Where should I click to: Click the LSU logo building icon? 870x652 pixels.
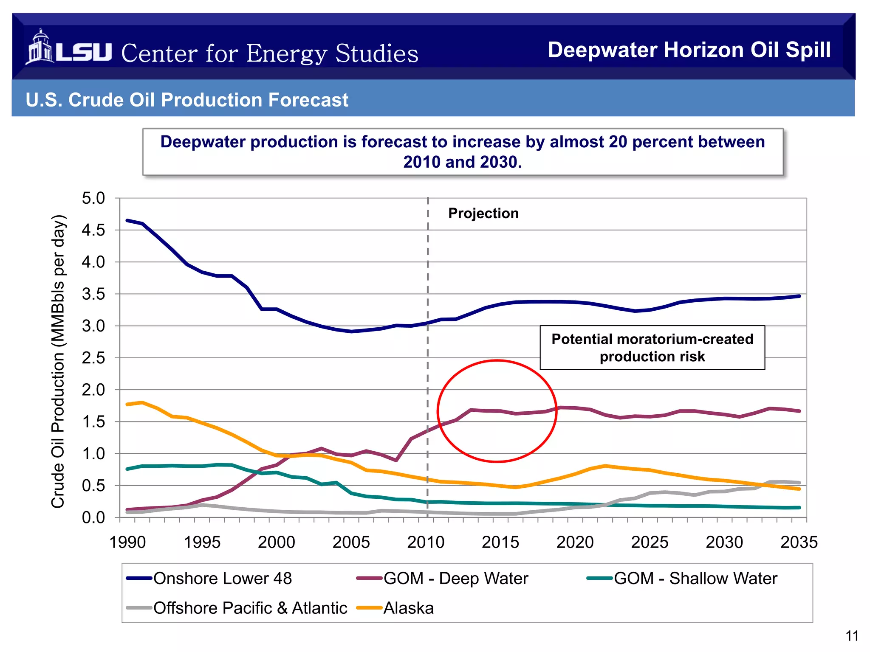(40, 47)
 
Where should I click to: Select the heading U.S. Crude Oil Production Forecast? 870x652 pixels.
(187, 100)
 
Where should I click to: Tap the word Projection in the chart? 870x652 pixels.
(483, 213)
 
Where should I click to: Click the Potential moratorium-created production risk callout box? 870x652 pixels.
(652, 348)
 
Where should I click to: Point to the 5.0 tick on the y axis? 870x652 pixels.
(93, 198)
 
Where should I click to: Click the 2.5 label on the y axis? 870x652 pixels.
(93, 358)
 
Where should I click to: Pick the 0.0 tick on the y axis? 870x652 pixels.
(93, 517)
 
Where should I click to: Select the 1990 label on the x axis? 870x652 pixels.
(127, 542)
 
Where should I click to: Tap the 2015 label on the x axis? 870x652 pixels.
(500, 542)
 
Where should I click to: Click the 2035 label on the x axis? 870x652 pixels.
(799, 542)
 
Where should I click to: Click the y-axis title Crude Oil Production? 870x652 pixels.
(58, 361)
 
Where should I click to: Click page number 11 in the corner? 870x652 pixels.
(852, 636)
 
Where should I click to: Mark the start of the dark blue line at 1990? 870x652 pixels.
(127, 220)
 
